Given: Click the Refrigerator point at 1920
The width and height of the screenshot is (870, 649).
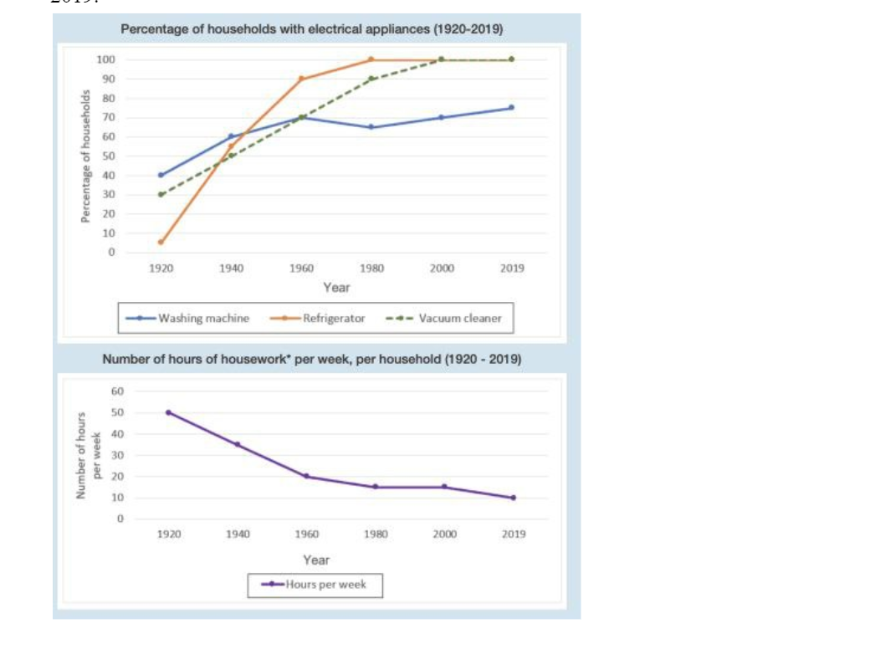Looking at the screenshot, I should (x=161, y=243).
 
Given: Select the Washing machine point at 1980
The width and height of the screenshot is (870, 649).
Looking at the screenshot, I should (x=371, y=127).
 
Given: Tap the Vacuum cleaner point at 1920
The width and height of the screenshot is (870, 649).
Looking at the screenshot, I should (x=161, y=194).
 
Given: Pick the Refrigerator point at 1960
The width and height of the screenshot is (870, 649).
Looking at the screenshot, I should (x=301, y=79).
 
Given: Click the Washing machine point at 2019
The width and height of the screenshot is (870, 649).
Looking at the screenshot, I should (x=512, y=108).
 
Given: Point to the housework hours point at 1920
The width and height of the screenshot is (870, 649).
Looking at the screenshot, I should (x=169, y=412).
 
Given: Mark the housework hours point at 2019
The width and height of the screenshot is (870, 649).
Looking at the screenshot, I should (x=513, y=498).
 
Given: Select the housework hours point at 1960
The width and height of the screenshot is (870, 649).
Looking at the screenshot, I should (x=306, y=476).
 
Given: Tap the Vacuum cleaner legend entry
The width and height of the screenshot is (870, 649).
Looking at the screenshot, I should (x=445, y=318).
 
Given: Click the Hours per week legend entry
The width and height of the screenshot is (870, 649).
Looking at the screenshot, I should (x=315, y=585).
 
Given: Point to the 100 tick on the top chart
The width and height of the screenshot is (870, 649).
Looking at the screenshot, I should (x=105, y=59).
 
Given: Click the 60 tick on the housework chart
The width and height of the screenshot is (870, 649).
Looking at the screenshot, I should (x=118, y=391).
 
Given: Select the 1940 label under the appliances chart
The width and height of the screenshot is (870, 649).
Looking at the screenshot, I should (x=231, y=268).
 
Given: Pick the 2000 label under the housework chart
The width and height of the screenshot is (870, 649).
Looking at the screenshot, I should (x=444, y=534).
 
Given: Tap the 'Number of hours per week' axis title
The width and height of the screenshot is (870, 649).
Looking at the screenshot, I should (x=87, y=456).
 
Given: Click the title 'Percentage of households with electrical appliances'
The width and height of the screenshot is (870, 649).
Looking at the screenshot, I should (x=311, y=28).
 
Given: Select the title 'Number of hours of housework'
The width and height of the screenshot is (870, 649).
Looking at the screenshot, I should (x=311, y=359).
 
